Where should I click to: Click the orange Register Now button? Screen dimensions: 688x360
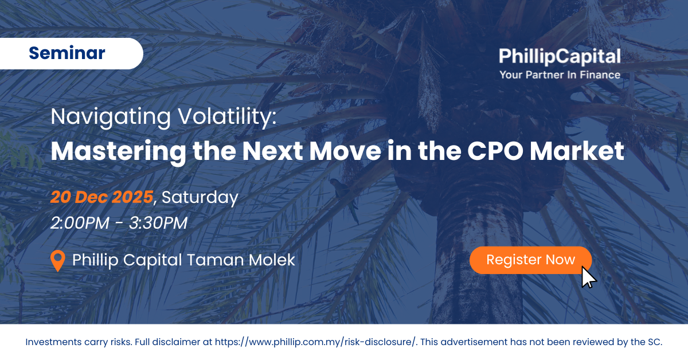point(530,260)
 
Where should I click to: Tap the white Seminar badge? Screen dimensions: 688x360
point(71,53)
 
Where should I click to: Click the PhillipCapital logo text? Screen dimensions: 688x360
point(560,56)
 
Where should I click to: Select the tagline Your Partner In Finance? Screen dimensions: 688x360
point(560,75)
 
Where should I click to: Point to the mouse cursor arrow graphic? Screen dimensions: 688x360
point(588,277)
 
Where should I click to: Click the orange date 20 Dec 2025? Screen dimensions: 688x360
point(101,197)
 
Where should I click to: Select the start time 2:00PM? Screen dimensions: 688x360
point(80,223)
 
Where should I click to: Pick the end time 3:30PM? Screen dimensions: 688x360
point(158,223)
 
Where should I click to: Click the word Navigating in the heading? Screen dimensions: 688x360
point(111,117)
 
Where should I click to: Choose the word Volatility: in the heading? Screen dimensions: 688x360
point(228,117)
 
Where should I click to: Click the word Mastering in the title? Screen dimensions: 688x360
point(119,152)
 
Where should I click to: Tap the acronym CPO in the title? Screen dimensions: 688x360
point(495,151)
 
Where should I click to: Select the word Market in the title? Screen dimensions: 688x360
point(577,151)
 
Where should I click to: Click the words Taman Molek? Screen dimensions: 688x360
point(241,260)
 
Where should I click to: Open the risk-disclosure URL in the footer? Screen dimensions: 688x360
point(315,342)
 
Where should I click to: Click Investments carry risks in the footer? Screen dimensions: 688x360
point(79,342)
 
